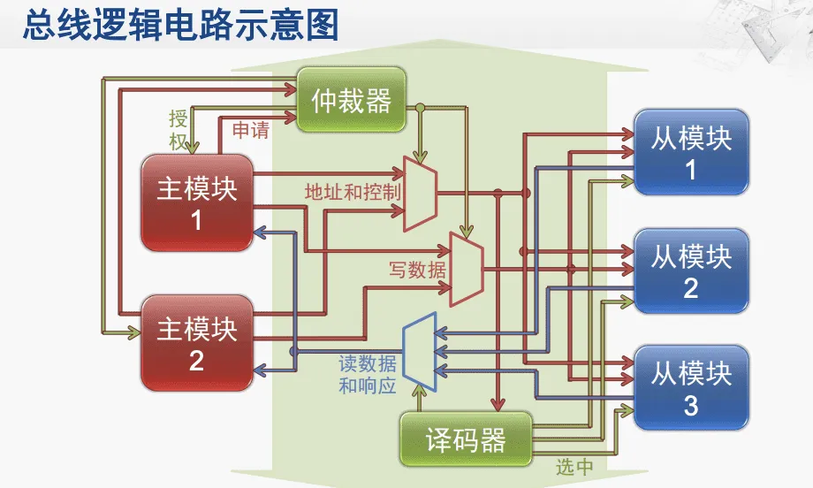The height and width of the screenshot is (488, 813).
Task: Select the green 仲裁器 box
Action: [351, 100]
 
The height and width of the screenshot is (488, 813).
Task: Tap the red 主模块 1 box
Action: [197, 202]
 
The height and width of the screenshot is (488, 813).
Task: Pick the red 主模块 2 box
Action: [197, 344]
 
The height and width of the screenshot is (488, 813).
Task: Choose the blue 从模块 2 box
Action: [691, 271]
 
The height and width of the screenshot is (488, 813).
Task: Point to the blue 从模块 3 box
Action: [691, 389]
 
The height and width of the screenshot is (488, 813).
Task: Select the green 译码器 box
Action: [466, 439]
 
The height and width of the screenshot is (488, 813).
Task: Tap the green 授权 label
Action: [179, 130]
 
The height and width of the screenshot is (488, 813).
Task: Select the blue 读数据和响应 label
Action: [368, 375]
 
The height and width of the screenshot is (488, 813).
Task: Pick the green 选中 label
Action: [574, 468]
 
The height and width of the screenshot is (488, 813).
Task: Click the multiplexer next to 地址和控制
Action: [420, 193]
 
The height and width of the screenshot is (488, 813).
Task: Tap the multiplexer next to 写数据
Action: [466, 269]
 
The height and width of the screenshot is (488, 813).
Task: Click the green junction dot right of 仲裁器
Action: [421, 108]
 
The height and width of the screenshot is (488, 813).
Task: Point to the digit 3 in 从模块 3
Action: [691, 406]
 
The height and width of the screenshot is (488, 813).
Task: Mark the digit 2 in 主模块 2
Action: [196, 361]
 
